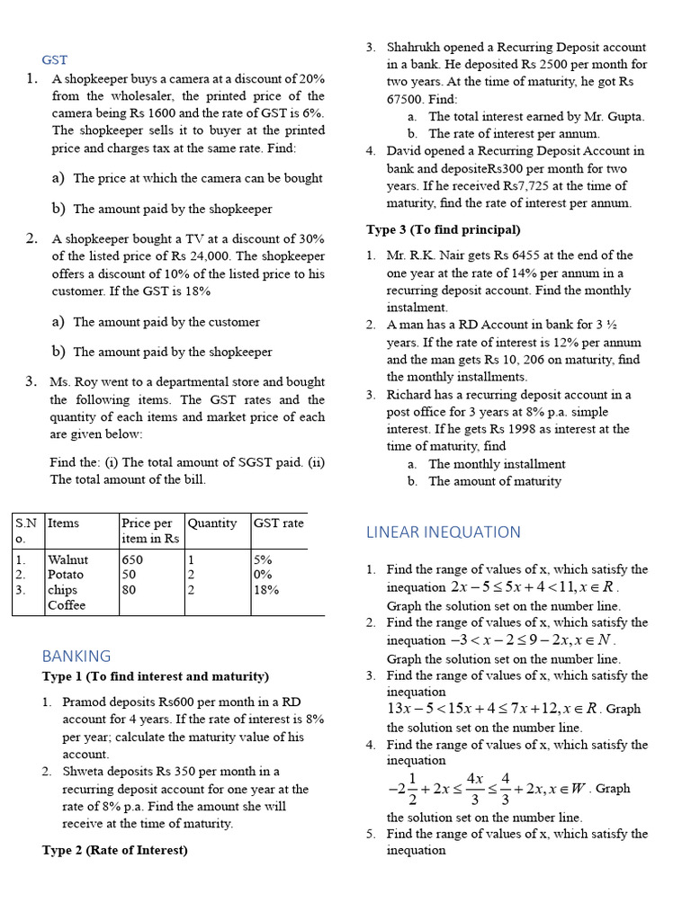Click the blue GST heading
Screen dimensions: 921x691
click(x=55, y=59)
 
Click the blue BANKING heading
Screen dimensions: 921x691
click(x=76, y=656)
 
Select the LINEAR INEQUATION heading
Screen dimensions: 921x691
click(x=443, y=532)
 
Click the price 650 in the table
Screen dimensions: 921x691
click(x=132, y=559)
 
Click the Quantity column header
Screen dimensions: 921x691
click(x=212, y=523)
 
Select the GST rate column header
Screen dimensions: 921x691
click(x=279, y=523)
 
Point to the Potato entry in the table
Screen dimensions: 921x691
click(x=66, y=575)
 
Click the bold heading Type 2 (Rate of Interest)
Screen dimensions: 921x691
click(x=115, y=850)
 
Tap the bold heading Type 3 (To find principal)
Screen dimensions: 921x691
click(x=443, y=229)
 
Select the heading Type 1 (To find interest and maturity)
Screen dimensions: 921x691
click(x=156, y=676)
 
